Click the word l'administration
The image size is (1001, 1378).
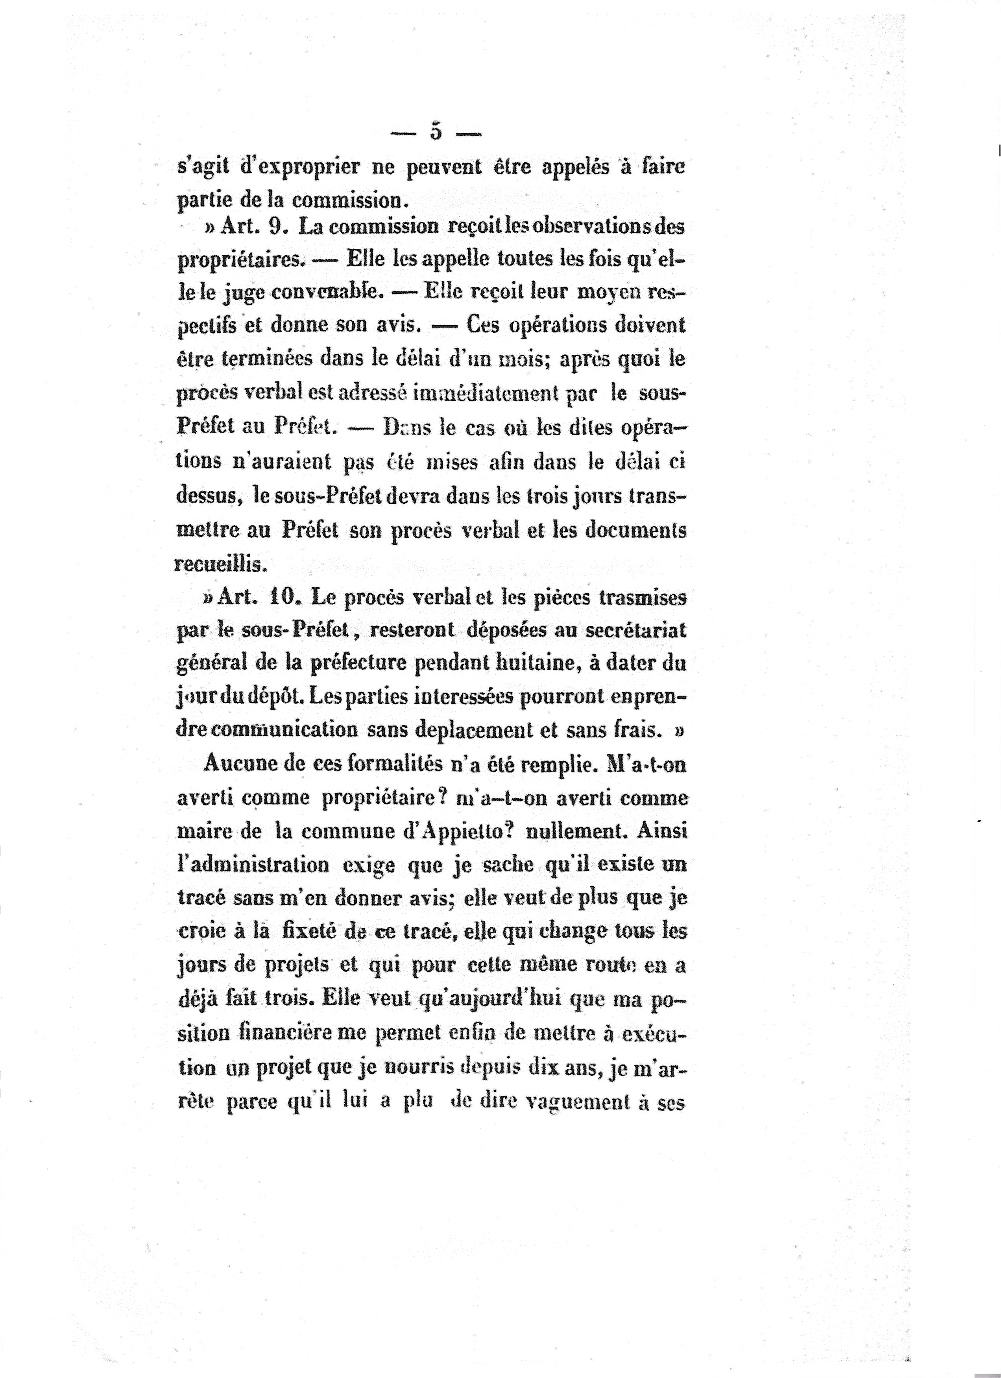252,864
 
